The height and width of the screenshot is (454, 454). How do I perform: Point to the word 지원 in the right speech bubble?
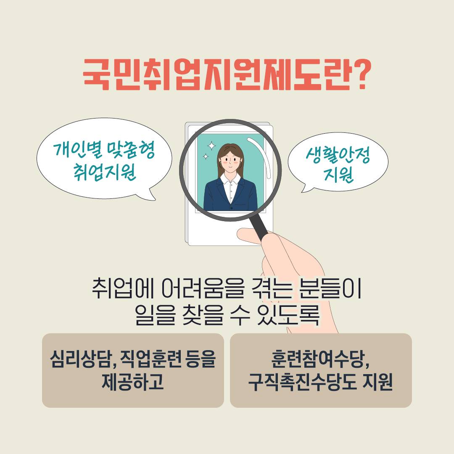point(338,174)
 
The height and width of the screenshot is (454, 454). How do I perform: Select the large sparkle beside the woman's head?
point(211,146)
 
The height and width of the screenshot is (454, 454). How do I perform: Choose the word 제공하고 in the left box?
point(132,382)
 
